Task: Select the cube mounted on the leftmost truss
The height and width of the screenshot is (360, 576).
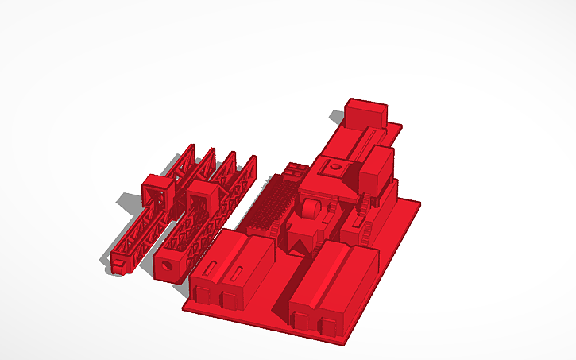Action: click(x=156, y=192)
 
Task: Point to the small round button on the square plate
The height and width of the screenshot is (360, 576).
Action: click(x=335, y=168)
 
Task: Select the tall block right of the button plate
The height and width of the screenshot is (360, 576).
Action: click(x=376, y=168)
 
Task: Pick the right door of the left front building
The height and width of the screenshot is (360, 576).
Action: click(x=229, y=300)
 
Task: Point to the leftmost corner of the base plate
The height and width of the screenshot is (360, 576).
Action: click(x=184, y=304)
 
